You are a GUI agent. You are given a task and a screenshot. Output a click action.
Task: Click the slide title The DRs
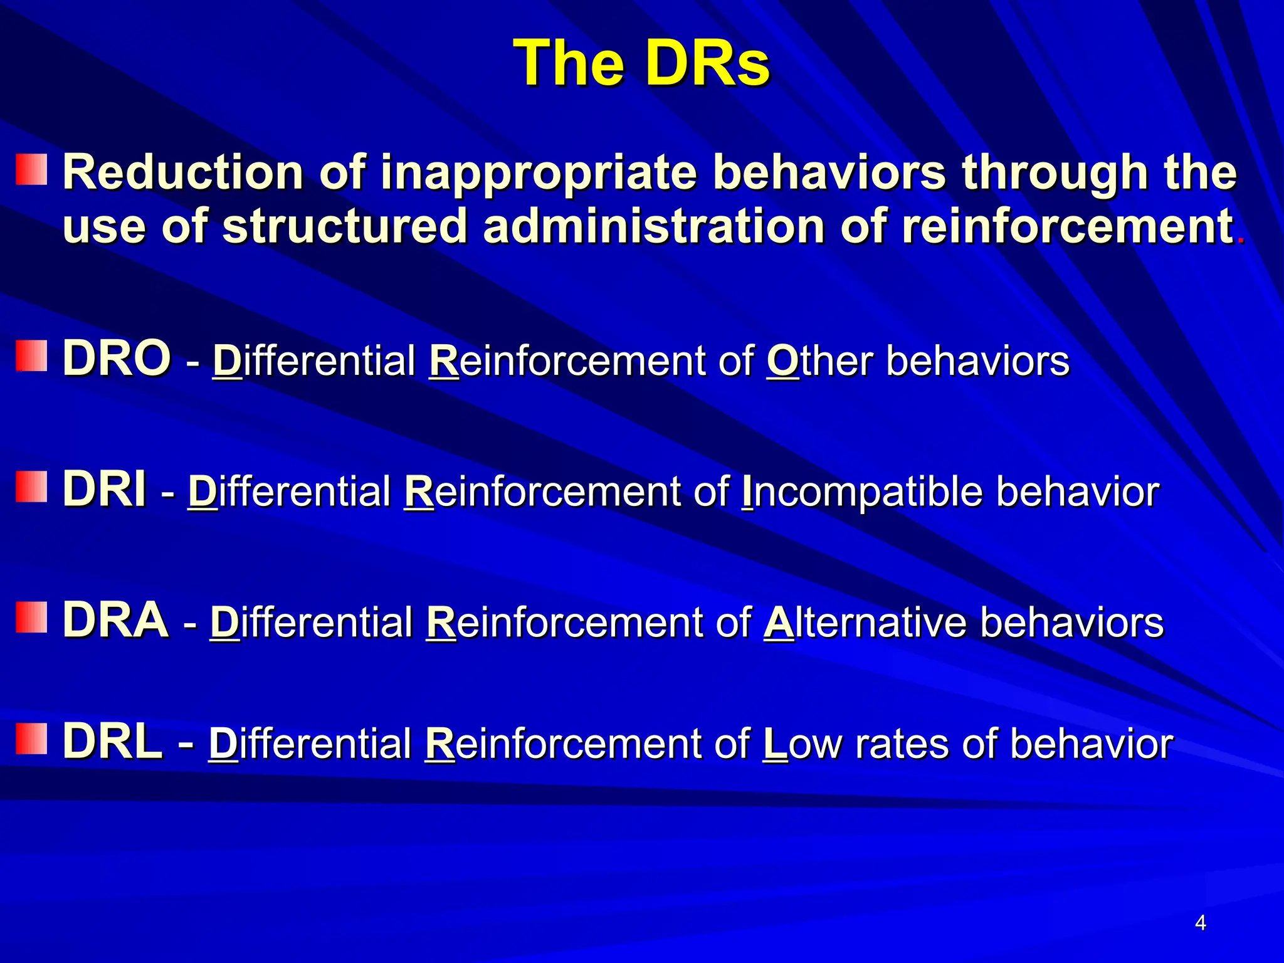pos(641,63)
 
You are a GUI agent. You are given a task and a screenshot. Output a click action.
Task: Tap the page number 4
pos(1201,923)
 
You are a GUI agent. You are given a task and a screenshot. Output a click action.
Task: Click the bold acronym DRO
pos(117,358)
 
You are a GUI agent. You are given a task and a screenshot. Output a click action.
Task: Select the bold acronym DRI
pos(105,490)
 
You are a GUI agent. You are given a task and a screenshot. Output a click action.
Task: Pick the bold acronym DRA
pos(115,620)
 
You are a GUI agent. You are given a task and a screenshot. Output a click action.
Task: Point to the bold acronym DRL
pos(112,742)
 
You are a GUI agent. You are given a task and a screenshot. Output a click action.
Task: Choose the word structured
pos(345,226)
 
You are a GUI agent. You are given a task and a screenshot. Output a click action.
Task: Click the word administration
pos(653,226)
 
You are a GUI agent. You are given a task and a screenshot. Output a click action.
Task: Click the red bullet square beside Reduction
pos(31,170)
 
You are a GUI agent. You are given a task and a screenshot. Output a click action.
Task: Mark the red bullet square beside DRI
pos(31,487)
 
